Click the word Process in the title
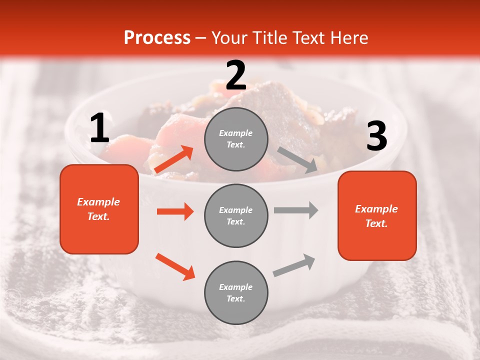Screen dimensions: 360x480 [157, 38]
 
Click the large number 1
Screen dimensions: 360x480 [99, 128]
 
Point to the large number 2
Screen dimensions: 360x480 [235, 75]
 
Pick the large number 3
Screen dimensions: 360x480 [376, 136]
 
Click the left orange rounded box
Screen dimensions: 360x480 [99, 209]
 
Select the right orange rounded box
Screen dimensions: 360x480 [377, 215]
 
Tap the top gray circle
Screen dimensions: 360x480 [236, 139]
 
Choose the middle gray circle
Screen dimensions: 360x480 [236, 215]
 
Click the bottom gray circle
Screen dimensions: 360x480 [236, 292]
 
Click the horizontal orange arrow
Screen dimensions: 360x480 [175, 211]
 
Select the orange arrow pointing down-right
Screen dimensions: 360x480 [175, 266]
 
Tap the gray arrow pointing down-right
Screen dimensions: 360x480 [297, 160]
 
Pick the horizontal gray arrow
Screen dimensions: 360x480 [296, 210]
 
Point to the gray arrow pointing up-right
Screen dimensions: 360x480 [294, 265]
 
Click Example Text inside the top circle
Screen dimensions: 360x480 [236, 139]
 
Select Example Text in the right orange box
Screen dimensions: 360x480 [377, 216]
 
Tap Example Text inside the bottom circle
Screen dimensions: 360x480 [236, 292]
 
